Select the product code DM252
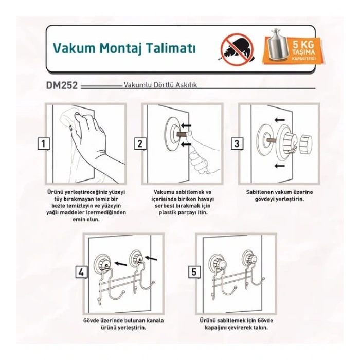coord(62,85)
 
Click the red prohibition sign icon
coord(237,49)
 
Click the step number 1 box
coord(43,144)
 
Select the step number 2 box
coord(140,144)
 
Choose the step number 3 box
coord(237,144)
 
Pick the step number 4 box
coord(81,272)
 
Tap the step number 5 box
coord(194,272)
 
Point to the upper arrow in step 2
coord(186,125)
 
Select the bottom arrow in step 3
coord(280,165)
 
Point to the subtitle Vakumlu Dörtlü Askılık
coord(160,85)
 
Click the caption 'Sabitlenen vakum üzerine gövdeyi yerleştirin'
coord(279,195)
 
